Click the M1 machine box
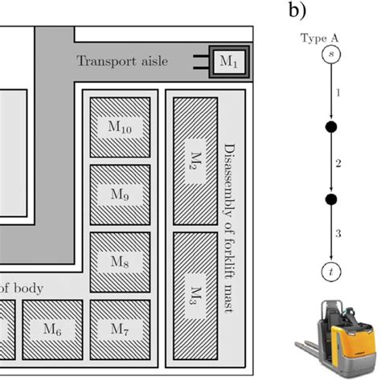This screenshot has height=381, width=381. [x=229, y=61]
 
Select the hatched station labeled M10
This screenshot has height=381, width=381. [x=120, y=126]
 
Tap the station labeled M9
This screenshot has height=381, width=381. [x=120, y=194]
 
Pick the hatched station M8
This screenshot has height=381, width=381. [x=120, y=261]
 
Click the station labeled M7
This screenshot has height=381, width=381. [x=120, y=328]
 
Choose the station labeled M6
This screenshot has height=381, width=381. [x=52, y=328]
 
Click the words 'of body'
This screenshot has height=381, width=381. [x=21, y=288]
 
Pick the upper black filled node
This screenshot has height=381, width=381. [x=329, y=127]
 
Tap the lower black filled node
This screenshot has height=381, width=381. [x=329, y=199]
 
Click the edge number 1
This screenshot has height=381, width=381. [x=338, y=93]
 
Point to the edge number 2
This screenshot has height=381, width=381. [x=338, y=163]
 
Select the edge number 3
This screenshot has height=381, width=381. [x=338, y=234]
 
